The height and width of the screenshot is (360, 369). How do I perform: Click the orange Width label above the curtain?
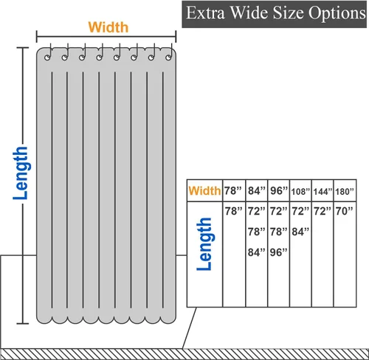click(108, 27)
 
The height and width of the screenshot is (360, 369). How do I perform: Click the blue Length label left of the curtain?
click(21, 173)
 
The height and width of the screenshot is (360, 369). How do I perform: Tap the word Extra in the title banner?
click(205, 13)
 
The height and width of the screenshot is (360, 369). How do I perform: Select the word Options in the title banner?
click(337, 13)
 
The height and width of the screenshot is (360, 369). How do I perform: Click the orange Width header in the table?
click(204, 191)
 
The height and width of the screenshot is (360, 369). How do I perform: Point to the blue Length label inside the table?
click(205, 244)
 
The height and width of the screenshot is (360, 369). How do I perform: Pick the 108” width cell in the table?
click(300, 192)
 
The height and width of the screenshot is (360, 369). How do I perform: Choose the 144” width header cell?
click(323, 192)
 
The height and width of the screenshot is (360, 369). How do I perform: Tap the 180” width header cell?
click(345, 192)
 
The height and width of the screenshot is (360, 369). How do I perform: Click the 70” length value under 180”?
click(345, 211)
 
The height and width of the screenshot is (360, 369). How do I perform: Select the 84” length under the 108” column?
click(300, 232)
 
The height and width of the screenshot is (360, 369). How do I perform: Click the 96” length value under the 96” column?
click(278, 252)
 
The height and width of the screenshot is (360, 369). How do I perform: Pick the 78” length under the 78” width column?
click(233, 211)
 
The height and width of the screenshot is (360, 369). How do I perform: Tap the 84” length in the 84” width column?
click(257, 252)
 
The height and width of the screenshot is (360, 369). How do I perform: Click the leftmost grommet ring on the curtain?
click(47, 58)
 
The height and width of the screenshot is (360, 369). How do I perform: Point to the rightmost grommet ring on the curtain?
click(168, 58)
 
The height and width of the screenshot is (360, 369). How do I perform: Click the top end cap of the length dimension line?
click(23, 48)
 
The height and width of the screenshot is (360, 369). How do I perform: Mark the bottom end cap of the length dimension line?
click(23, 323)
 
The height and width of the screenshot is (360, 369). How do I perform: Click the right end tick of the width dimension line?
click(176, 37)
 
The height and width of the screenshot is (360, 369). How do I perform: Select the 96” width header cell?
click(279, 191)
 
